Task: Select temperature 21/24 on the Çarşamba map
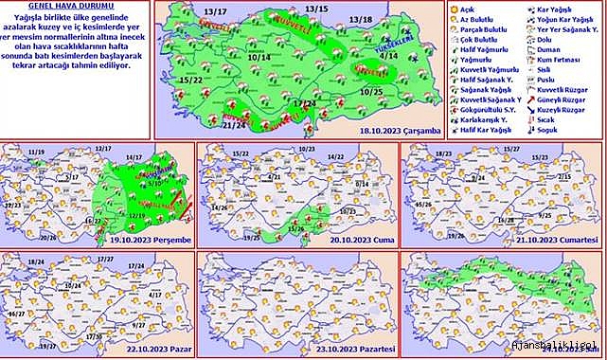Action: tap(234, 123)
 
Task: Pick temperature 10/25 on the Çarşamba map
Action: tap(372, 91)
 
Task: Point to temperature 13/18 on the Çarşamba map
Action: tap(360, 19)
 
